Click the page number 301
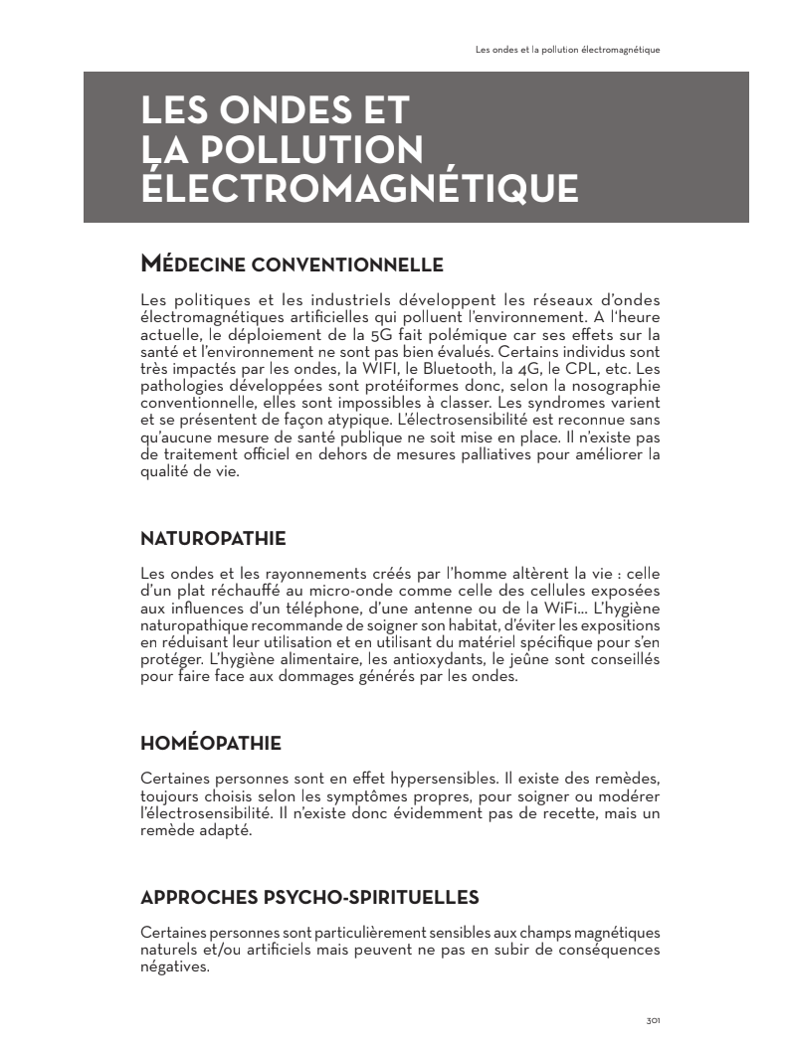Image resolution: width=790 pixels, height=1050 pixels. [x=654, y=1020]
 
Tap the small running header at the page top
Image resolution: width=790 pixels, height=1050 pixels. [x=568, y=49]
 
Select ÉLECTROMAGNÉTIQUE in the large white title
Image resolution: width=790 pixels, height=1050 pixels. [x=359, y=187]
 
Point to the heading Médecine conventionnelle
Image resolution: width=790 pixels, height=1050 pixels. [x=292, y=264]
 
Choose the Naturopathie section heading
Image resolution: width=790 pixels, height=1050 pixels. [x=213, y=539]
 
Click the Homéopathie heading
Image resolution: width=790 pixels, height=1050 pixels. [x=211, y=743]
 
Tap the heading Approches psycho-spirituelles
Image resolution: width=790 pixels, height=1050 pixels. [x=309, y=898]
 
